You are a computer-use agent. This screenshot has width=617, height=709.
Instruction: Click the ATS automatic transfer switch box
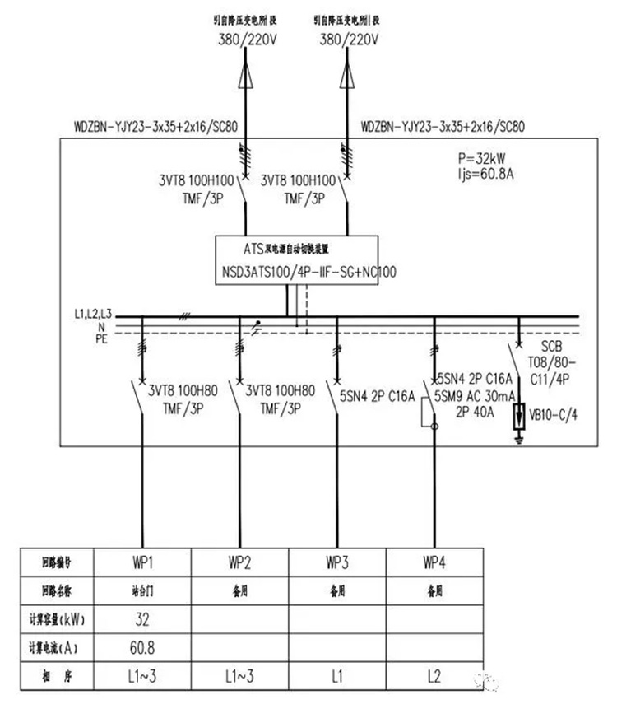click(297, 259)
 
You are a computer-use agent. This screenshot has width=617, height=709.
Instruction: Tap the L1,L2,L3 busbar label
click(92, 314)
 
